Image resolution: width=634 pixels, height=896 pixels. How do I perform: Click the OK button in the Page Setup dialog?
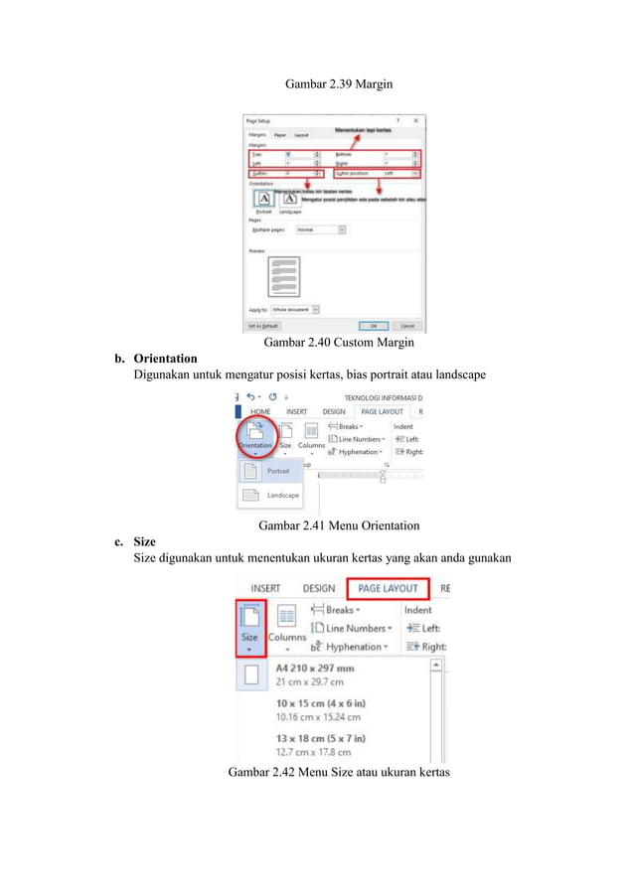[x=374, y=325]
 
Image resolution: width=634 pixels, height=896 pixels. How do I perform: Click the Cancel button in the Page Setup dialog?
[x=406, y=325]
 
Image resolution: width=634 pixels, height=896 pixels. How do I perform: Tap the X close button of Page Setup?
[x=415, y=120]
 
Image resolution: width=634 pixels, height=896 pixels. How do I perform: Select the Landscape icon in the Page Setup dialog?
[x=289, y=198]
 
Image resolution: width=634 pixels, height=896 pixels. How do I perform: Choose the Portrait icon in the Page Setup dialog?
[x=262, y=198]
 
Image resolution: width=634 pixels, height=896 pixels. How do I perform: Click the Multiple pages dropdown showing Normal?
[x=321, y=228]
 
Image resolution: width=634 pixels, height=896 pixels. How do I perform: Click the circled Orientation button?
[x=254, y=437]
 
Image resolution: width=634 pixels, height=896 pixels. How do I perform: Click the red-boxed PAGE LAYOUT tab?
[x=388, y=589]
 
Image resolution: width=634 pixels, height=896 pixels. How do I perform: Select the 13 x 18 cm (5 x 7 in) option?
[x=320, y=743]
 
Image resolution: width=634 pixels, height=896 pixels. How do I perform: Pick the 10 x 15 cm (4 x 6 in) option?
[x=320, y=709]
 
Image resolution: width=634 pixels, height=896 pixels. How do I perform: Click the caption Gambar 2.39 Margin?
[x=338, y=84]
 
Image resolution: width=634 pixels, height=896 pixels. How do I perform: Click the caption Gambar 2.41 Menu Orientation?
[x=338, y=524]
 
